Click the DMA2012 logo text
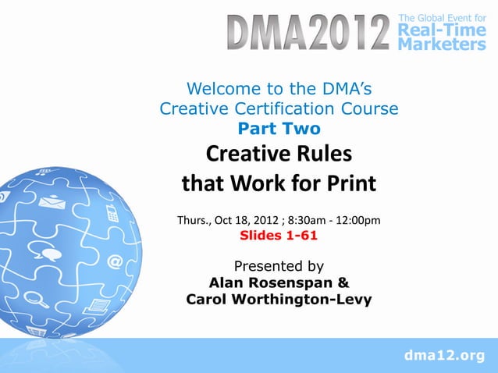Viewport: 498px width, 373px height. (308, 33)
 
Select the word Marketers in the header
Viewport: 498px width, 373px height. (441, 44)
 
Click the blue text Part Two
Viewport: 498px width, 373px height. (279, 129)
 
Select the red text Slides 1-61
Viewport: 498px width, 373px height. (278, 235)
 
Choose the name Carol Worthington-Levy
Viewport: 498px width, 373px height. (279, 300)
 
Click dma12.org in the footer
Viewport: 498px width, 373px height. (443, 357)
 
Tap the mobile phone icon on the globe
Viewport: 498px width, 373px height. (112, 211)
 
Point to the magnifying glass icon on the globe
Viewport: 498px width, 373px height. (34, 297)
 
